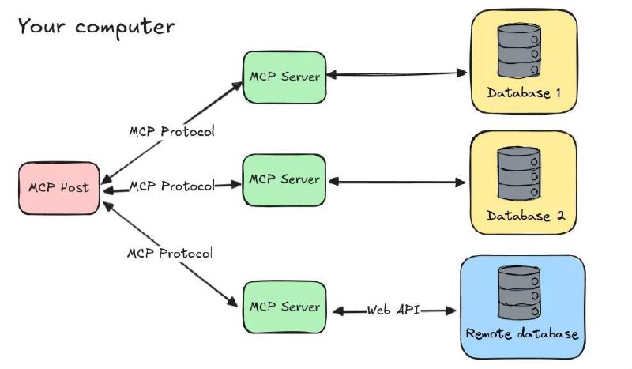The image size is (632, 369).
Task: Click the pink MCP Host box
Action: (59, 188)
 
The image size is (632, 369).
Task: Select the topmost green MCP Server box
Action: (284, 77)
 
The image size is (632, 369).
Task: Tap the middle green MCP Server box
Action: (284, 180)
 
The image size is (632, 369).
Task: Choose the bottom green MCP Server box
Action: (284, 307)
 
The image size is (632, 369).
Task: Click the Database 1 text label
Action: (524, 92)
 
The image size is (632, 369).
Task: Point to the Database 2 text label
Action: (524, 215)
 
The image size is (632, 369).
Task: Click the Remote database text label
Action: (522, 333)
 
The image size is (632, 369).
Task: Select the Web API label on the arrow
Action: (393, 311)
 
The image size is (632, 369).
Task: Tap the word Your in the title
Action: (40, 26)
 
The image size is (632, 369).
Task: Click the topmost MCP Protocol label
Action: (171, 130)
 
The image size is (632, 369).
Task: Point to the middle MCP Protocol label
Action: (171, 186)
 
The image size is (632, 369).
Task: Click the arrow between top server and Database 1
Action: (395, 75)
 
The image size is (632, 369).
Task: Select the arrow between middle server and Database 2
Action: (395, 182)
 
